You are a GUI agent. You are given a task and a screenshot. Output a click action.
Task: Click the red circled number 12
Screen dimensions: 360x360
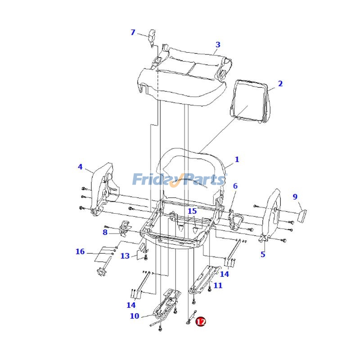201,322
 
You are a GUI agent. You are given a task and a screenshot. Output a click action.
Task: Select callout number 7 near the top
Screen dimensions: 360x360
133,32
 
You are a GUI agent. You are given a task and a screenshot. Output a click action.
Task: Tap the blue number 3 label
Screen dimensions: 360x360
218,45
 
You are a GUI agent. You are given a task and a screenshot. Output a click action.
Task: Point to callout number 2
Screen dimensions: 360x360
280,84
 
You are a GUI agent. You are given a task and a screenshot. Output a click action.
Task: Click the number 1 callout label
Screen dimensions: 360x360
237,159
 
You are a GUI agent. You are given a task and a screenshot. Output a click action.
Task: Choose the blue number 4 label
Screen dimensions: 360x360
80,167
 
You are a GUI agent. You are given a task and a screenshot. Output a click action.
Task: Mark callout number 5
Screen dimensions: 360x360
263,255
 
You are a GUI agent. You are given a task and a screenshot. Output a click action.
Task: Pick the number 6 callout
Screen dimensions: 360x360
235,186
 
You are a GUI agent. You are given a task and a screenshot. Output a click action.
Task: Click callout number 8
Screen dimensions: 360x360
105,232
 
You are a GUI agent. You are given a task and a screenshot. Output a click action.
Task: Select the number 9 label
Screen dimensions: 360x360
295,197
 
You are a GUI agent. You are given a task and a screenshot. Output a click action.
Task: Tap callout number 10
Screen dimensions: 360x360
135,316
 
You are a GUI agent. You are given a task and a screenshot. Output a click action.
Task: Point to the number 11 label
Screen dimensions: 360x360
218,285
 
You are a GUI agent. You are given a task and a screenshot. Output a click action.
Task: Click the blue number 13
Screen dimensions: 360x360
125,256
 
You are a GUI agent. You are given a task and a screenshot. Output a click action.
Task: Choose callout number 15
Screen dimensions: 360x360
192,211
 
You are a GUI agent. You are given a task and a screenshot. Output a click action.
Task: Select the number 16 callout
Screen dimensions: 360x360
80,252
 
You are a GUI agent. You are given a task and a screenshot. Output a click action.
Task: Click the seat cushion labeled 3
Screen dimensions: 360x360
184,79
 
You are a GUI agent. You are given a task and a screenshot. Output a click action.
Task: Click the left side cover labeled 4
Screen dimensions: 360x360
103,189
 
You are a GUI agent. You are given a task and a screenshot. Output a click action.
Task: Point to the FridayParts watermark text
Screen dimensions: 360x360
179,180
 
